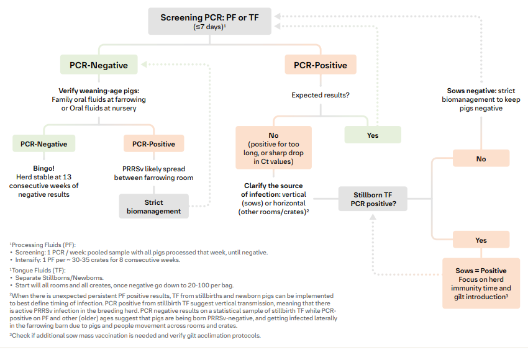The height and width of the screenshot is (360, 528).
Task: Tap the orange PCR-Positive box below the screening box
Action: [320, 65]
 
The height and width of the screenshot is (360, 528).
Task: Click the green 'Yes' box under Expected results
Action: [373, 135]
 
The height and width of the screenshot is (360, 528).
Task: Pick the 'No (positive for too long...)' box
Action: [273, 148]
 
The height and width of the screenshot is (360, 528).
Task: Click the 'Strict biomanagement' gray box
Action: [153, 206]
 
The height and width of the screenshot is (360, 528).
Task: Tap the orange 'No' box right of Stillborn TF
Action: [481, 158]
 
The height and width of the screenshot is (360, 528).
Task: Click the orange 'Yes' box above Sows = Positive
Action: [481, 240]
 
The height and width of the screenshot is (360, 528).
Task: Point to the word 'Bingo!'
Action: [43, 168]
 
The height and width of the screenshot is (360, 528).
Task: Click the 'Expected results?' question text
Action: [319, 96]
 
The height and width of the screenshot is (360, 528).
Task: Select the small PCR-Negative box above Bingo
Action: [43, 143]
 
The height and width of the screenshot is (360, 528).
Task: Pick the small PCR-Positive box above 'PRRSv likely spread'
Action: [153, 143]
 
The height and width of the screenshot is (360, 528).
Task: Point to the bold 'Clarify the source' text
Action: [273, 186]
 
